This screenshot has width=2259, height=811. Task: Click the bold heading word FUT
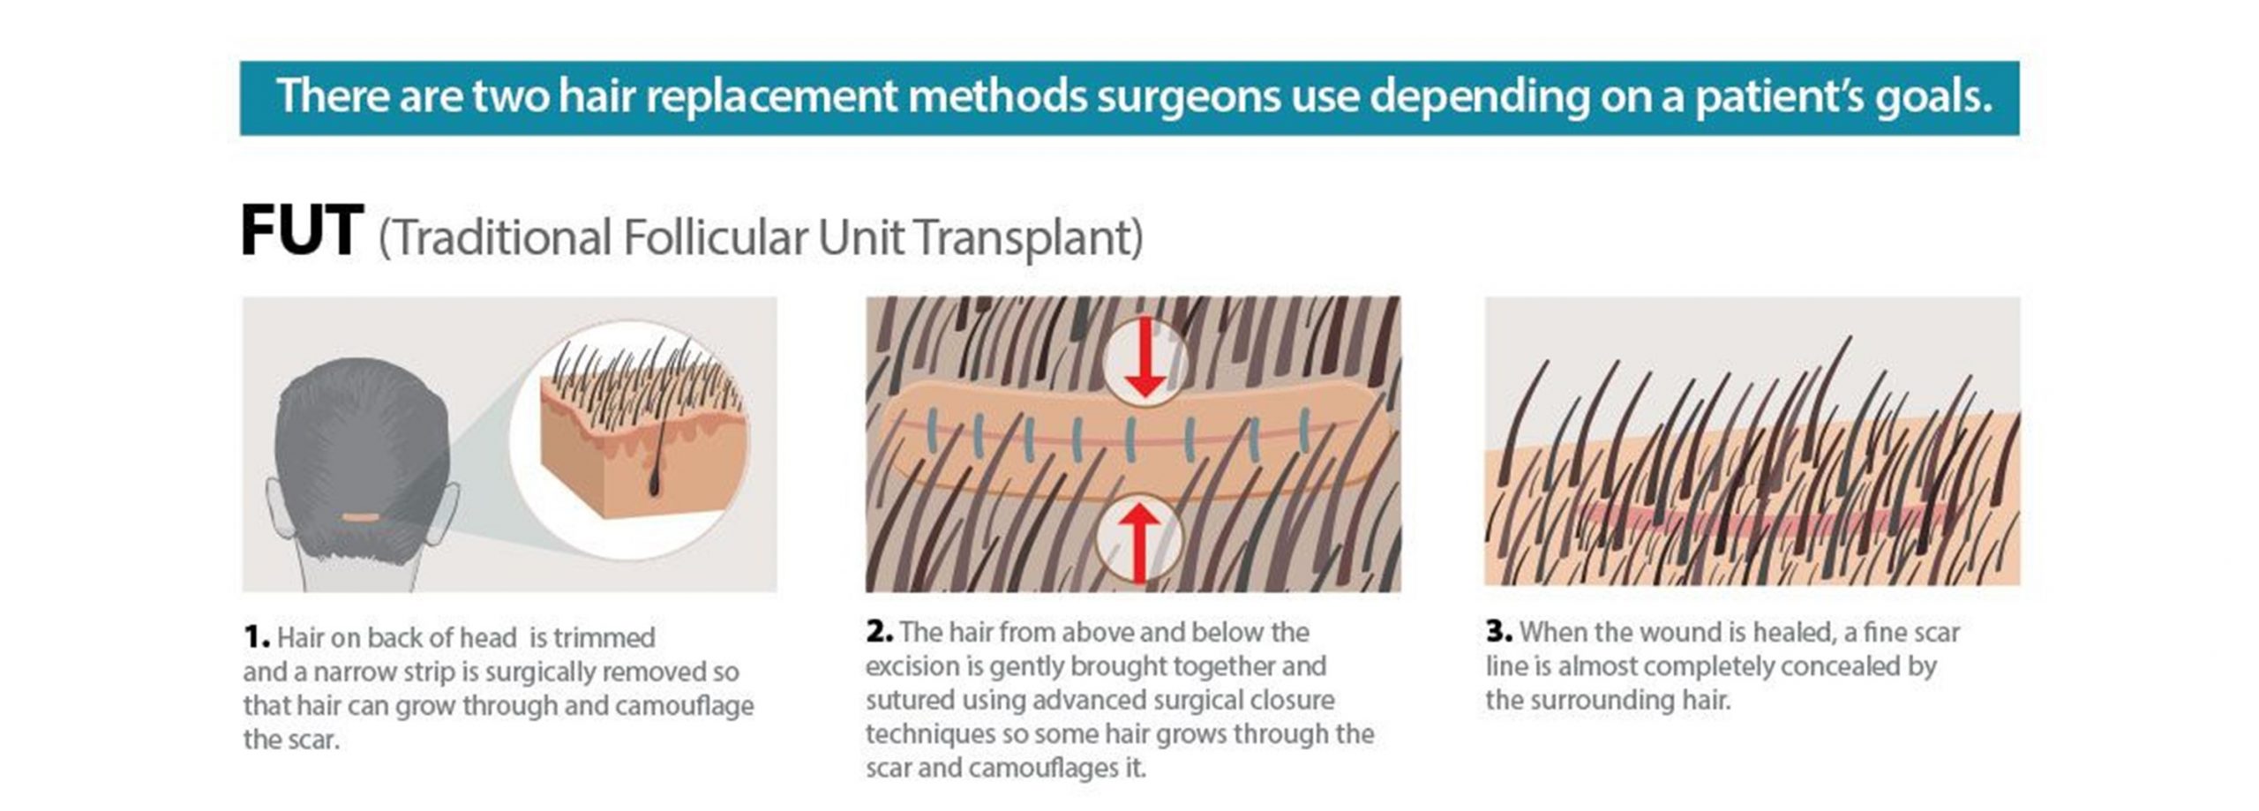point(301,231)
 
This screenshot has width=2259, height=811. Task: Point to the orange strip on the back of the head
point(361,517)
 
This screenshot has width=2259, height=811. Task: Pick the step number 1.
point(256,636)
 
